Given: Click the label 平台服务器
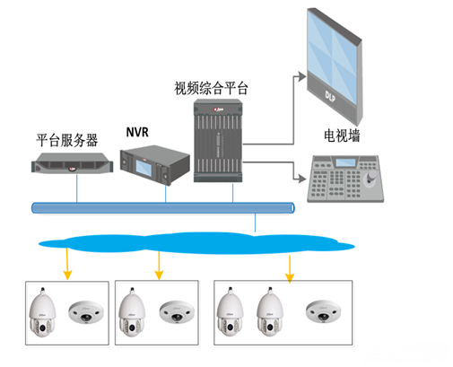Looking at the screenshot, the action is click(67, 140).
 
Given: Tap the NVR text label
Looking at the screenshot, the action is click(137, 132).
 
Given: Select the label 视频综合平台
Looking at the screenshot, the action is click(212, 88).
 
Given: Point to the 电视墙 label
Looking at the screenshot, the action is click(342, 135).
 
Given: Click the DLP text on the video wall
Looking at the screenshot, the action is click(330, 97).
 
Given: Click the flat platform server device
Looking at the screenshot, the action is click(73, 163).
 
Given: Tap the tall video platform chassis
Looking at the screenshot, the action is click(218, 141).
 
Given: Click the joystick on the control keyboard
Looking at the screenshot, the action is click(370, 179).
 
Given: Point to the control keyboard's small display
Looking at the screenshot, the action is click(345, 162).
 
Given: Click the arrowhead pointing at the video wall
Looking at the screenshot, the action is click(302, 76).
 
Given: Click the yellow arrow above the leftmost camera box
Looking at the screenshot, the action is click(67, 264).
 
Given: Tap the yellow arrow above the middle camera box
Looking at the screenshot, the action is click(159, 266).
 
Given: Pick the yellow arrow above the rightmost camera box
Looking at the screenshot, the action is click(290, 269).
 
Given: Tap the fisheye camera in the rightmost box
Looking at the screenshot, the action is click(323, 311).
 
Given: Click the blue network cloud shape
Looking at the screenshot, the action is click(196, 243).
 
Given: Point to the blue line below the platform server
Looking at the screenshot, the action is click(77, 188).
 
